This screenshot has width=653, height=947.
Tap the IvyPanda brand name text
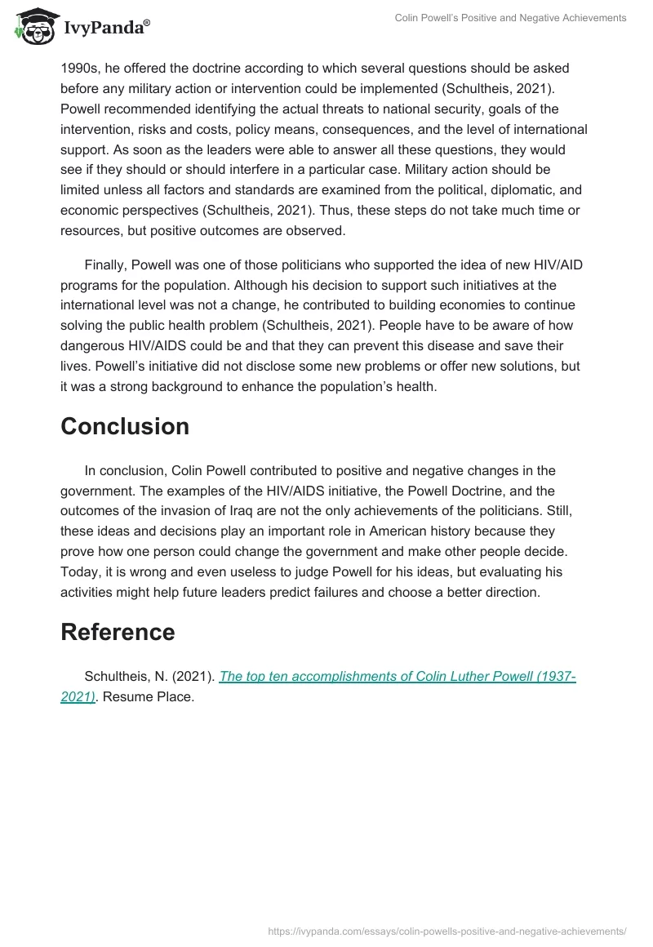(x=105, y=28)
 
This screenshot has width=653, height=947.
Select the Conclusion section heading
(x=124, y=426)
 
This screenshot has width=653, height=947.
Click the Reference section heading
(x=118, y=632)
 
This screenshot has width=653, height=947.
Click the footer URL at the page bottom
(x=447, y=930)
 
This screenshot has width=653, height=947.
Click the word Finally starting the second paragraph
(x=106, y=264)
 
